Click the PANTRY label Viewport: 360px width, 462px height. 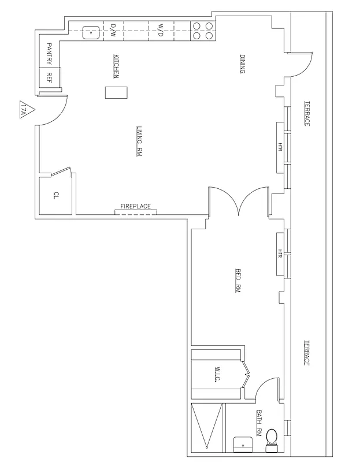click(x=50, y=54)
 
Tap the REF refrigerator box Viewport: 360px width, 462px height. click(x=50, y=76)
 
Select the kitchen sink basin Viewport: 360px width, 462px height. click(x=90, y=32)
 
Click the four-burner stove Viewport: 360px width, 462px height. click(x=202, y=31)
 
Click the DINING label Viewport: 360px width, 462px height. click(x=242, y=64)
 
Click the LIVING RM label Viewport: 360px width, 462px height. click(x=139, y=141)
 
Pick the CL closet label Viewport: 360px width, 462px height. click(x=56, y=194)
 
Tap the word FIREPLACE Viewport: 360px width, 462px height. click(x=135, y=206)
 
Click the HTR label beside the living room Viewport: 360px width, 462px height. click(x=280, y=147)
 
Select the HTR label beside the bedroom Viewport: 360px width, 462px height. click(x=280, y=254)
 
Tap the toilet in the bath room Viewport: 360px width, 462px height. click(x=270, y=441)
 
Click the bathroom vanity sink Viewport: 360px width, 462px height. click(x=242, y=444)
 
